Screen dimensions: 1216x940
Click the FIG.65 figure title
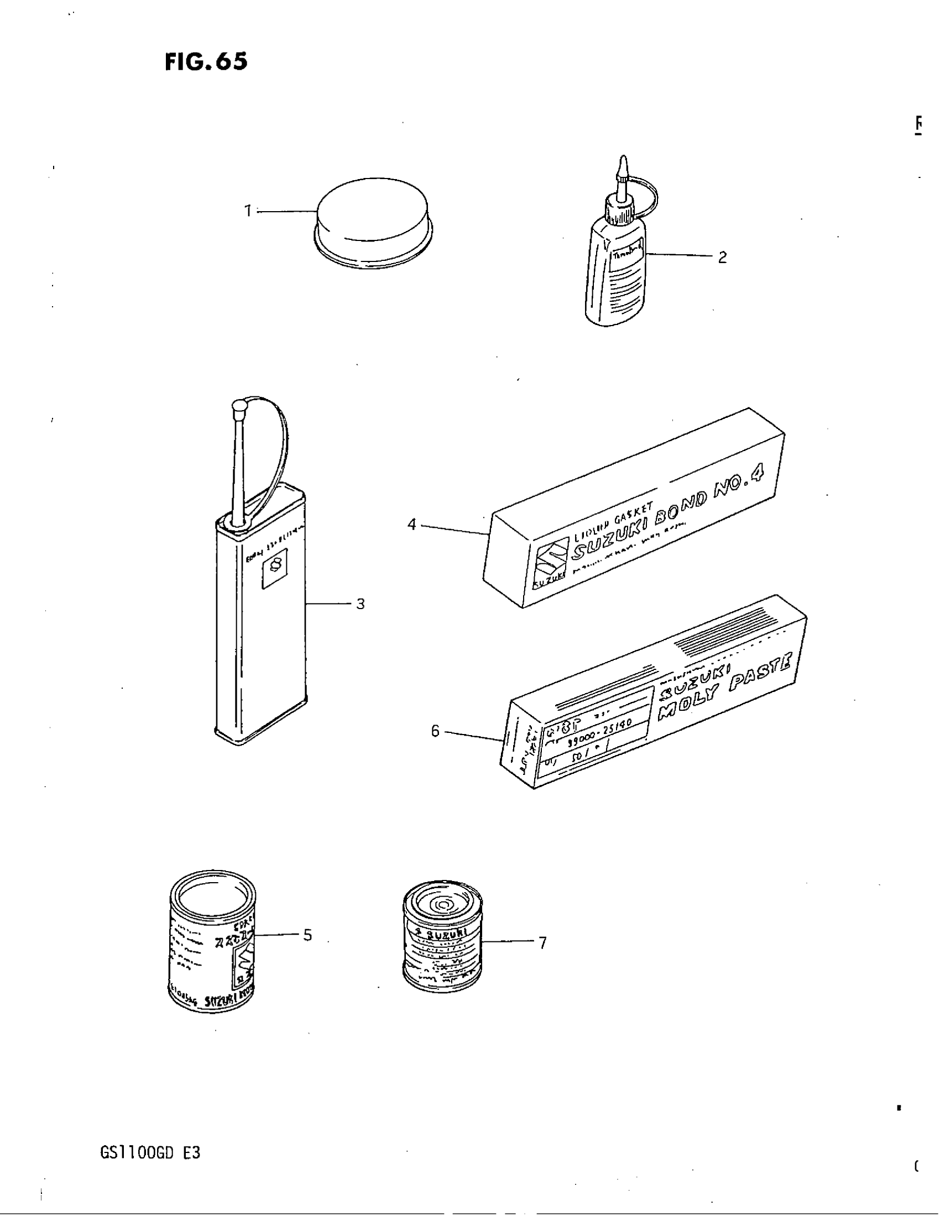point(206,62)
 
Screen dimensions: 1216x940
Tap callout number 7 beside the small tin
point(542,942)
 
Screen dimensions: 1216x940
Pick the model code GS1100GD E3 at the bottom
point(150,1152)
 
